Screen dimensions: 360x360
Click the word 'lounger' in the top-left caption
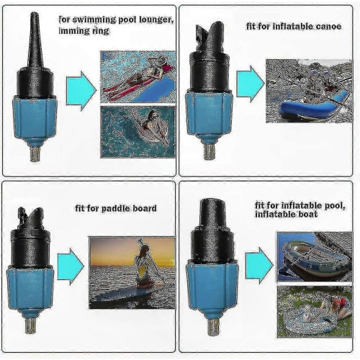pyautogui.click(x=156, y=20)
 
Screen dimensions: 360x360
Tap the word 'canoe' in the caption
pyautogui.click(x=328, y=26)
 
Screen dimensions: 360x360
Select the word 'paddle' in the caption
pyautogui.click(x=116, y=209)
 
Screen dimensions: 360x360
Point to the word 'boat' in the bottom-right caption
pyautogui.click(x=307, y=214)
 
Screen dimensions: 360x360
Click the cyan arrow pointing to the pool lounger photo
pyautogui.click(x=81, y=91)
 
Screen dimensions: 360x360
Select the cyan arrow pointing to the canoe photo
pyautogui.click(x=251, y=84)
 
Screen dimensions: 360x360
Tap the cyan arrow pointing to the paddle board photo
pyautogui.click(x=71, y=266)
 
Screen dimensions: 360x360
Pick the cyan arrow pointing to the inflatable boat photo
pyautogui.click(x=259, y=266)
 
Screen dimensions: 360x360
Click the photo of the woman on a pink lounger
pyautogui.click(x=138, y=77)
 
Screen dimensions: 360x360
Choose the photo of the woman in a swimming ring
pyautogui.click(x=138, y=132)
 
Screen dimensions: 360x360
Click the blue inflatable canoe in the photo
pyautogui.click(x=315, y=106)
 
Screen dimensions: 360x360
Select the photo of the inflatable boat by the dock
pyautogui.click(x=315, y=256)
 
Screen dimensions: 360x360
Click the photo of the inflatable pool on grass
pyautogui.click(x=315, y=312)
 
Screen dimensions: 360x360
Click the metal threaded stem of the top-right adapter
pyautogui.click(x=209, y=150)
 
